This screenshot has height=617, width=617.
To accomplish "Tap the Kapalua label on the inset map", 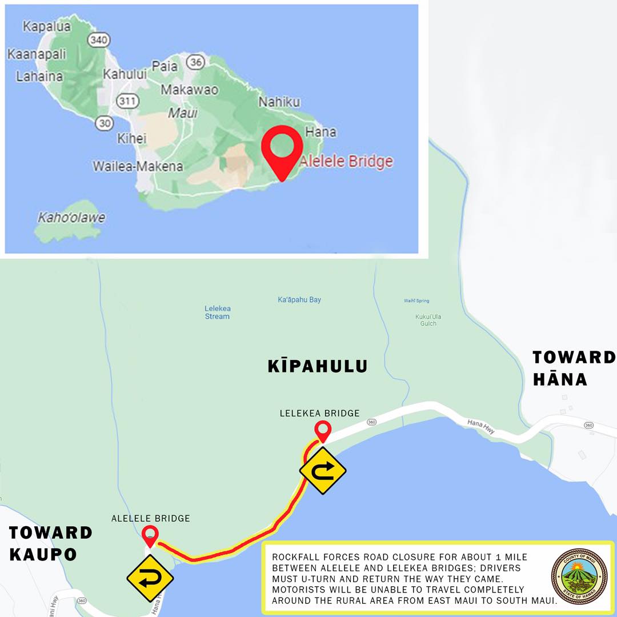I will tap(47, 26).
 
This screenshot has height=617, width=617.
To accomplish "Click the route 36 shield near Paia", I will tap(196, 62).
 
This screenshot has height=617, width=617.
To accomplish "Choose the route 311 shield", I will tap(125, 101).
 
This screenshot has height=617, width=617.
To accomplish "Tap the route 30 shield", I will tap(104, 122).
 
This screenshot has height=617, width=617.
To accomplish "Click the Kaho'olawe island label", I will tap(71, 218).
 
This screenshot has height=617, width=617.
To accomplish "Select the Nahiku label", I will tap(279, 102).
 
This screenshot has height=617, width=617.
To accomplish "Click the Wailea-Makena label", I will tap(138, 166).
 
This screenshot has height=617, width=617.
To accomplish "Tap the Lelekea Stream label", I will tap(217, 312).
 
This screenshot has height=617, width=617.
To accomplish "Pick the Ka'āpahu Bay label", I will tap(299, 300).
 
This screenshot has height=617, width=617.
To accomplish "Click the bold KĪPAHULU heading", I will tap(317, 366).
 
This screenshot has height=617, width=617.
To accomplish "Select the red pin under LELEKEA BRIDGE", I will tap(323, 430).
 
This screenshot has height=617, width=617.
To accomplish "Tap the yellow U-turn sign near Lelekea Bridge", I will tap(323, 471).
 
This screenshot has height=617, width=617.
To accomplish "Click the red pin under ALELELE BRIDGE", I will tap(150, 536).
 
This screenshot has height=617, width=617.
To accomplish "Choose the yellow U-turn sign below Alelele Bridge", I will tap(150, 579).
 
